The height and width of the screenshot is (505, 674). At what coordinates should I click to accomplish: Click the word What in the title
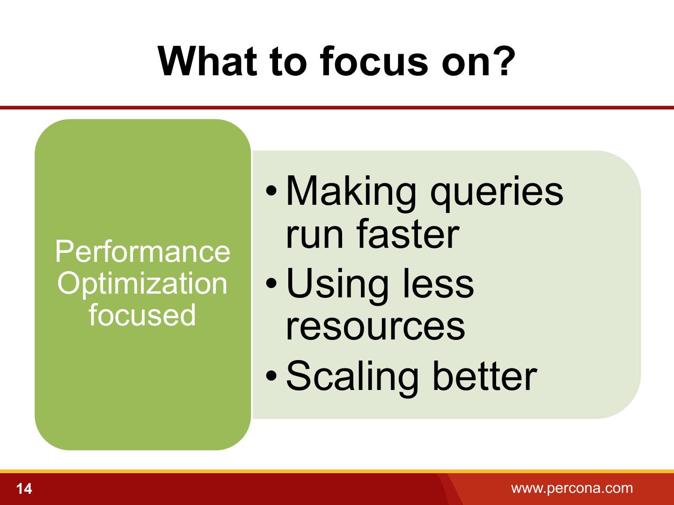point(207,61)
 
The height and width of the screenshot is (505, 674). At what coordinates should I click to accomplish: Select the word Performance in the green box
point(143,252)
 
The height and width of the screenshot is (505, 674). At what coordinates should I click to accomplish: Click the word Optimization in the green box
point(142,284)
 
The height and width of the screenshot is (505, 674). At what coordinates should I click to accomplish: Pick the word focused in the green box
point(142,315)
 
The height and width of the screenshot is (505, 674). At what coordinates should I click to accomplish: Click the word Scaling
point(352,378)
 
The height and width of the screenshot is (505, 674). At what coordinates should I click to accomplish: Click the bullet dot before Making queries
point(271,191)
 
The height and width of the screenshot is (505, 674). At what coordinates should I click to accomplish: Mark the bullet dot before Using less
point(271,283)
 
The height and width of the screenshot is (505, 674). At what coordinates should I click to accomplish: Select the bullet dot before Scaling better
point(271,375)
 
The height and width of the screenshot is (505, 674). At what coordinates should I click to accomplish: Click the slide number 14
point(24,489)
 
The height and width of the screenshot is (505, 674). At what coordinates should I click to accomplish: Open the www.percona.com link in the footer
point(572,489)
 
